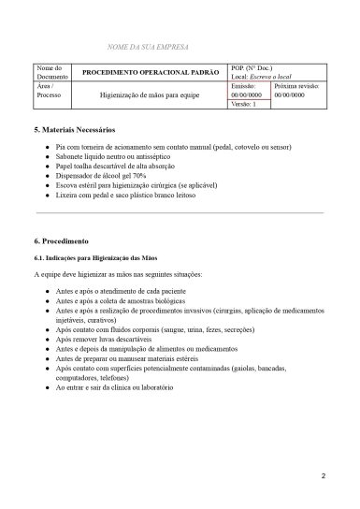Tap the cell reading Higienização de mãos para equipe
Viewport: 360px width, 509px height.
[151, 95]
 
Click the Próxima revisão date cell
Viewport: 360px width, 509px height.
[293, 91]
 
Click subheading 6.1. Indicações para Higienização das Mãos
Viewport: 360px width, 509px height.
[101, 256]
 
